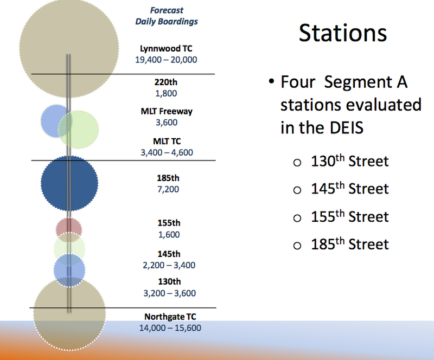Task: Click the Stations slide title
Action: pos(343,33)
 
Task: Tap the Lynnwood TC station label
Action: pos(166,48)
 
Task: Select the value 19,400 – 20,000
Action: pos(166,60)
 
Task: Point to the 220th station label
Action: pos(166,82)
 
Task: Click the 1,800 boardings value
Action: pos(166,93)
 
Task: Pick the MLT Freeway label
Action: pos(167,111)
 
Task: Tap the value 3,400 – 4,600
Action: pos(167,152)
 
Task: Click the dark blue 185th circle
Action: pos(69,183)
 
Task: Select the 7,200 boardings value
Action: pos(168,189)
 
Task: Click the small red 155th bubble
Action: pos(69,227)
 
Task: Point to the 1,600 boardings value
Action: pos(169,235)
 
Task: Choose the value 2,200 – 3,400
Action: pos(169,265)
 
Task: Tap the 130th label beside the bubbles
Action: pos(169,282)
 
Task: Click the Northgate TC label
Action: pos(170,317)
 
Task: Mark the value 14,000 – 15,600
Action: pos(170,328)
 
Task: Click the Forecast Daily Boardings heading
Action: pos(167,16)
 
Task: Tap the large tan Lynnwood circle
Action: pos(69,48)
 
